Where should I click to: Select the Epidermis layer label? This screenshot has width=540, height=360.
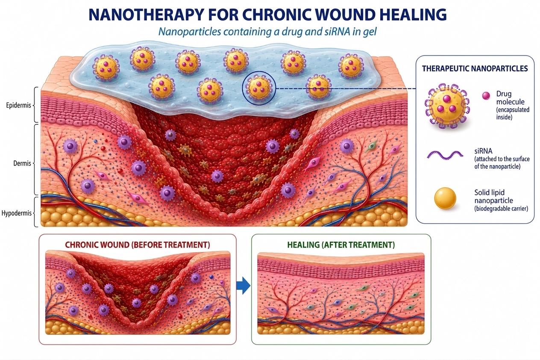pyautogui.click(x=18, y=106)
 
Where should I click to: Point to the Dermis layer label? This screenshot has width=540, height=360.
pyautogui.click(x=22, y=163)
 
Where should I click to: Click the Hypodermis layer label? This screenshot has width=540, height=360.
pyautogui.click(x=16, y=213)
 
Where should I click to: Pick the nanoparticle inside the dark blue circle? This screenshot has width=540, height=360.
pyautogui.click(x=258, y=88)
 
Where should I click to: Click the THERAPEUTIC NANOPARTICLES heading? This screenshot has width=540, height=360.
pyautogui.click(x=475, y=69)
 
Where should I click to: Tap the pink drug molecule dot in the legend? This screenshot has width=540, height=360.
pyautogui.click(x=486, y=96)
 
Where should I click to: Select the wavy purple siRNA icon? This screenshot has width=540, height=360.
pyautogui.click(x=445, y=155)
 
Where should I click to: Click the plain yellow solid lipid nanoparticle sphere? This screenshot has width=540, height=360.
pyautogui.click(x=445, y=198)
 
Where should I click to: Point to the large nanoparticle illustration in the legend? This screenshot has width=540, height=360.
pyautogui.click(x=447, y=106)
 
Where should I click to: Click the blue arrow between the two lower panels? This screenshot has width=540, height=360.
pyautogui.click(x=244, y=286)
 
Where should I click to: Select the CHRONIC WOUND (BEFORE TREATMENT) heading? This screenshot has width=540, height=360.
pyautogui.click(x=138, y=245)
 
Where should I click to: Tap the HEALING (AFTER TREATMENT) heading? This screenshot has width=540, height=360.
pyautogui.click(x=341, y=245)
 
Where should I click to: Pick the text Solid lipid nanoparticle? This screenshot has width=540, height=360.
pyautogui.click(x=493, y=196)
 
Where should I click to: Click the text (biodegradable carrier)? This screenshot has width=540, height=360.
pyautogui.click(x=501, y=209)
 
